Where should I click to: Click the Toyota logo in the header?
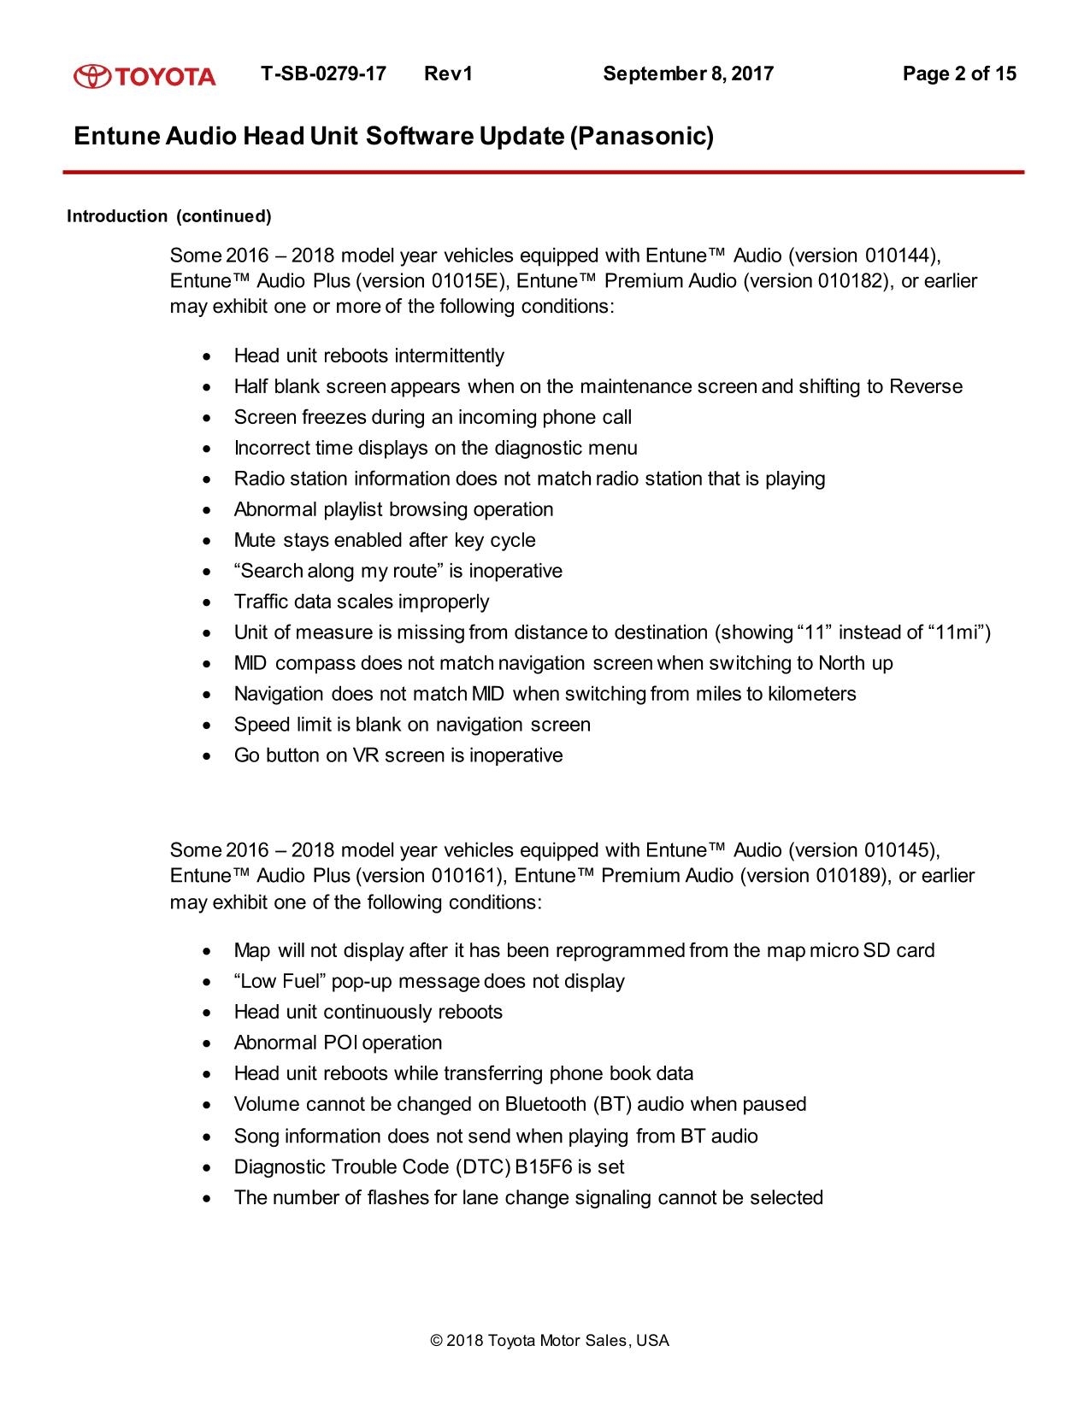[144, 76]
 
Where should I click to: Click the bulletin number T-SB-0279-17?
[323, 73]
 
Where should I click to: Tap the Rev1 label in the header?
[448, 73]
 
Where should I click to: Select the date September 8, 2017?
[688, 73]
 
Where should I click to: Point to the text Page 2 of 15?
[959, 73]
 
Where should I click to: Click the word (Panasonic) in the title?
[641, 136]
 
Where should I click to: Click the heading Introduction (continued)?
[168, 216]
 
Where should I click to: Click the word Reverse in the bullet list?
[926, 386]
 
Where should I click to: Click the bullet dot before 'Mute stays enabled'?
[205, 541]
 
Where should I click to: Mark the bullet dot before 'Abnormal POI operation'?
[205, 1043]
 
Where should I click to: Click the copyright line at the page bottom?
[551, 1341]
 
